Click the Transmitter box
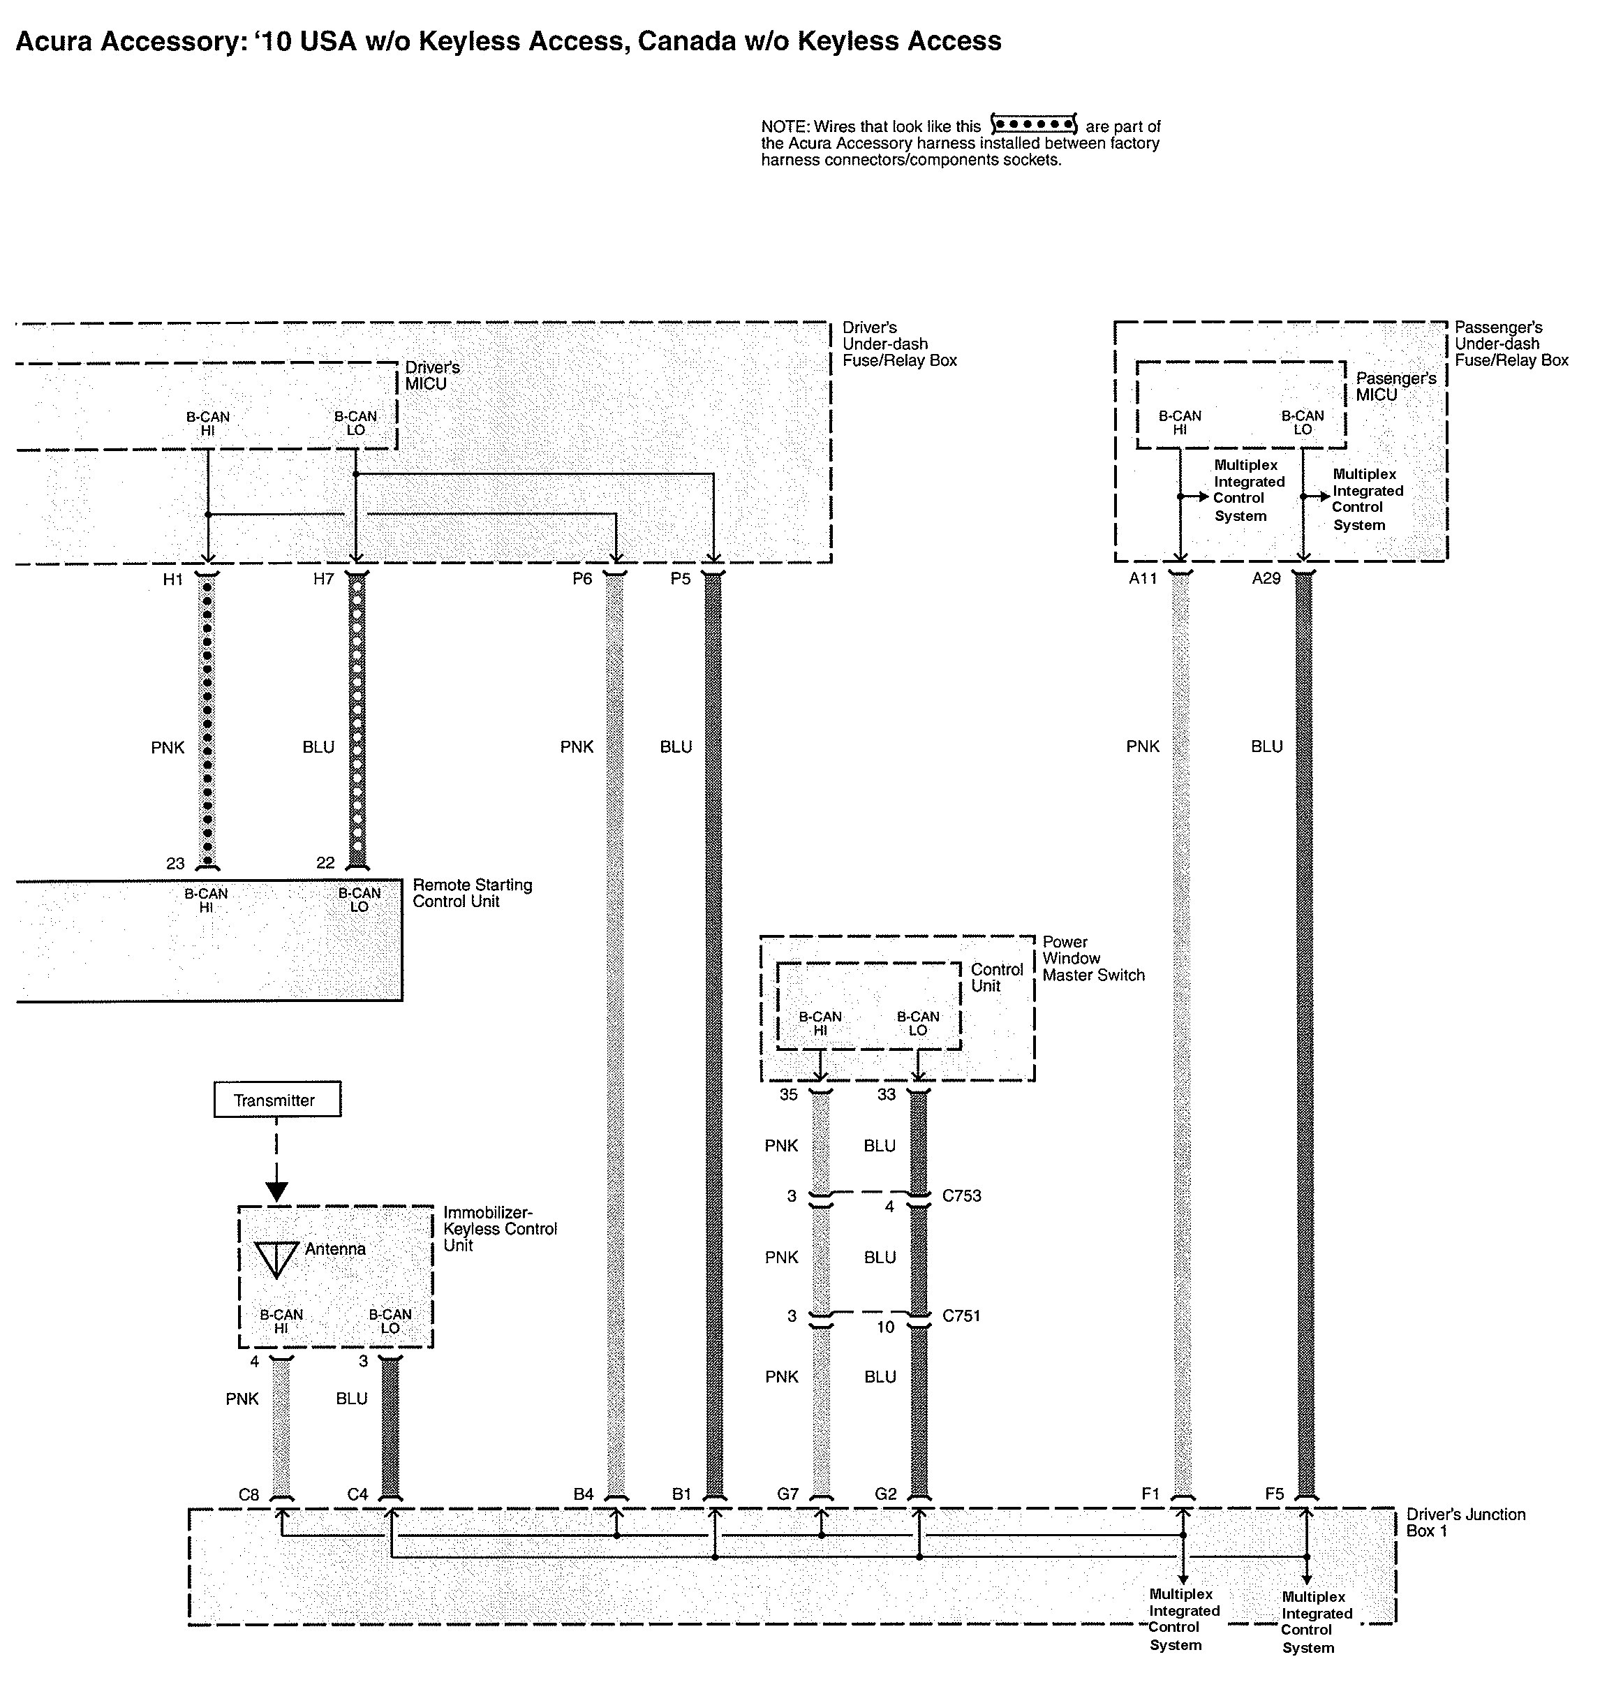[x=276, y=1100]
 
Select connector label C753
[x=961, y=1195]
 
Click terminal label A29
[x=1266, y=579]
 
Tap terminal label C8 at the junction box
[x=249, y=1494]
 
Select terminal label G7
[x=787, y=1494]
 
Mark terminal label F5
[x=1274, y=1494]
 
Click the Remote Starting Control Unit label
[x=472, y=893]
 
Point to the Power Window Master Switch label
[x=1092, y=958]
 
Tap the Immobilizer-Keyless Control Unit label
[x=499, y=1229]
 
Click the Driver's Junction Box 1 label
[x=1465, y=1522]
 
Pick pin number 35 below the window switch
[x=788, y=1094]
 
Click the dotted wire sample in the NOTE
[x=1034, y=124]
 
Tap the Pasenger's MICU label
[x=1395, y=386]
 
